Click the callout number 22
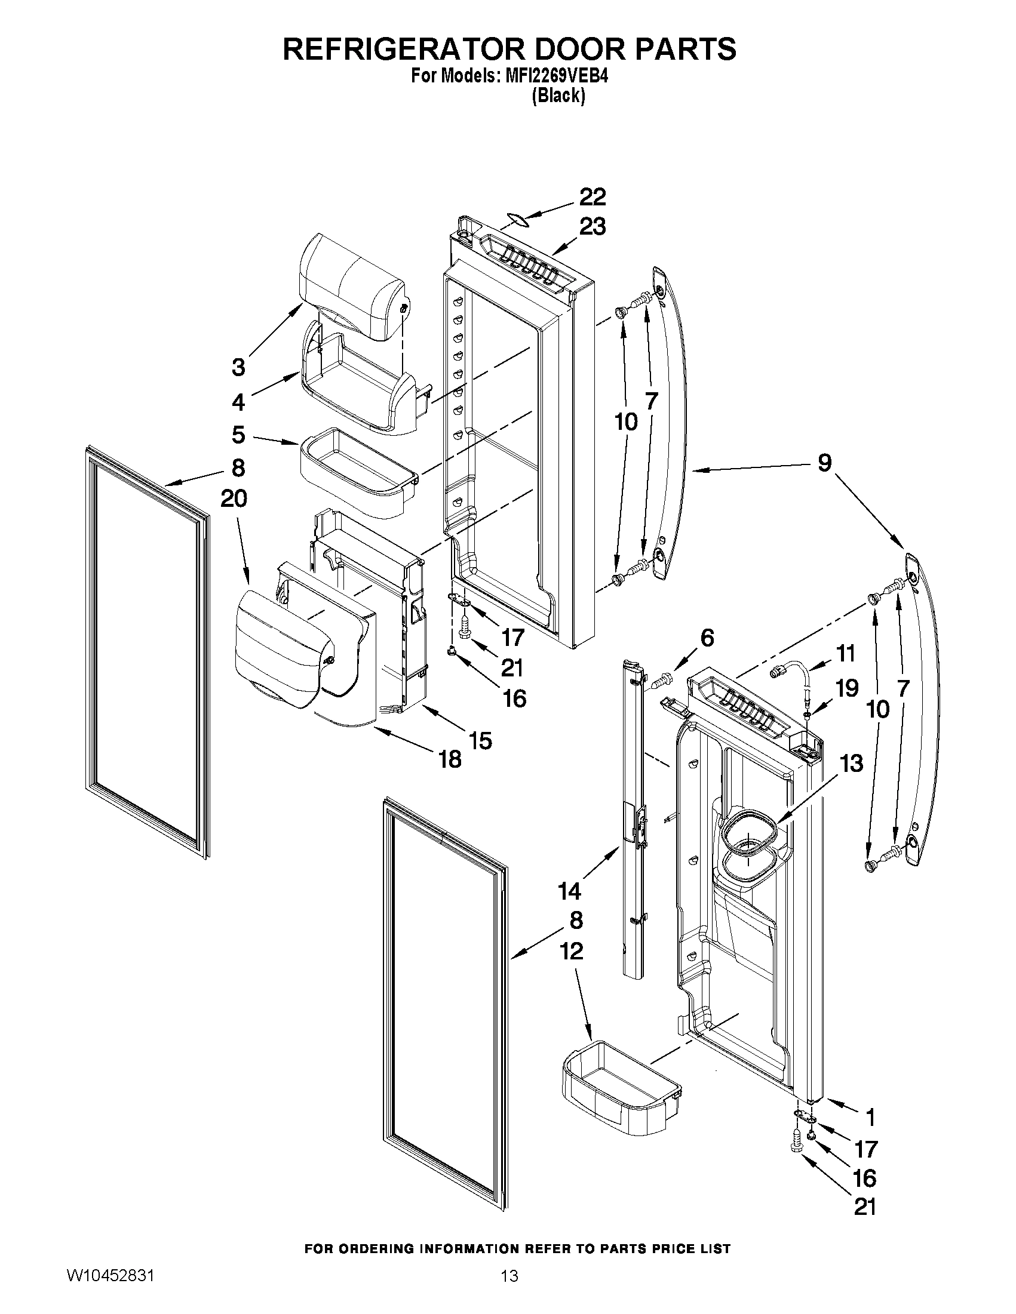(593, 198)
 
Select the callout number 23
(593, 227)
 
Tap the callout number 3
(238, 367)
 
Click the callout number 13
(851, 764)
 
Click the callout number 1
(870, 1117)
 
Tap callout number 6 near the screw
(707, 638)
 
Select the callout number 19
(847, 688)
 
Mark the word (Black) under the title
(558, 96)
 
